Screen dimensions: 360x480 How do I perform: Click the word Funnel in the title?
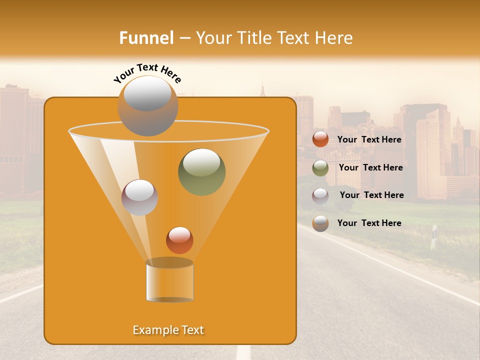[x=146, y=38]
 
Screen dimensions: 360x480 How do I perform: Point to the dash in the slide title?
[x=184, y=38]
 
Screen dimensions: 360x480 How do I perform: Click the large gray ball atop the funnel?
[x=147, y=106]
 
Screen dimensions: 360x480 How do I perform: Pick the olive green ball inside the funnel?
[x=201, y=171]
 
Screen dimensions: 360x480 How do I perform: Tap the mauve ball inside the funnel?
[x=139, y=197]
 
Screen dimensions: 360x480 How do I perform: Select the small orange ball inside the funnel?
[x=179, y=240]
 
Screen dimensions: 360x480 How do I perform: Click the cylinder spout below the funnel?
[x=169, y=281]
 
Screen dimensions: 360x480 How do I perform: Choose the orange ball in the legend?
[x=320, y=139]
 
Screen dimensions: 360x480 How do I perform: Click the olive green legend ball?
[x=320, y=168]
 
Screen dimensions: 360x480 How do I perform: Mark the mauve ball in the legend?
[x=320, y=196]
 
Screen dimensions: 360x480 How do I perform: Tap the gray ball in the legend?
[x=320, y=223]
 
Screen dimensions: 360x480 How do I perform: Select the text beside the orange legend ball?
[x=369, y=139]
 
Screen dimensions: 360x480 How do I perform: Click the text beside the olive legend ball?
[x=370, y=167]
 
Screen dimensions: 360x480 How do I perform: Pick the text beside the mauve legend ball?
[x=371, y=195]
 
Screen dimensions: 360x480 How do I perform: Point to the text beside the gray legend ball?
[x=369, y=223]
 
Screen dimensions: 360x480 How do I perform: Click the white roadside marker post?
[x=433, y=237]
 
